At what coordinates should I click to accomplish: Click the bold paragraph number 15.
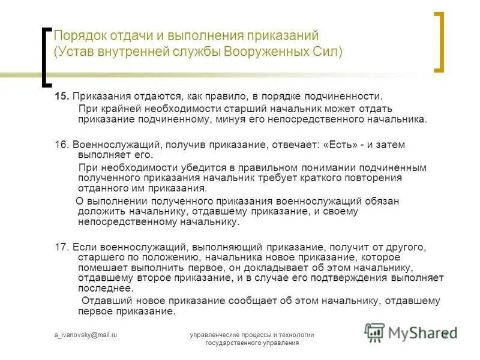[62, 96]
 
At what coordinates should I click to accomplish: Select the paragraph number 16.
[62, 145]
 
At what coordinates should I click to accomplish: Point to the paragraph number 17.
[62, 247]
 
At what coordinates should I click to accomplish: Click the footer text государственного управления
[251, 343]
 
